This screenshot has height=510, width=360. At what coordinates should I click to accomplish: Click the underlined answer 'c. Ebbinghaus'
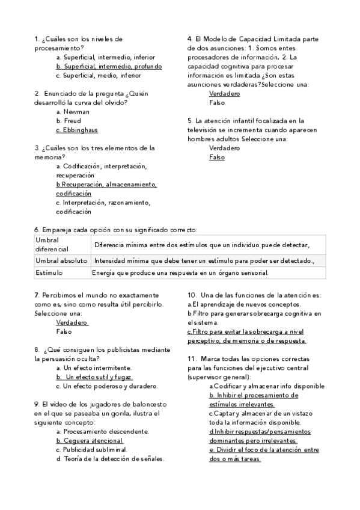click(x=77, y=129)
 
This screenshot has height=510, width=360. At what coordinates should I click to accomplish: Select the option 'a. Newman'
click(x=73, y=111)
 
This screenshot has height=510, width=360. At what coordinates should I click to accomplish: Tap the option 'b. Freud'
click(x=69, y=120)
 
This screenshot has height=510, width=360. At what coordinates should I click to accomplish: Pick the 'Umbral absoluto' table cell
click(x=61, y=260)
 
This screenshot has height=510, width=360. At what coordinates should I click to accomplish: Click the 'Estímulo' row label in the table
click(x=49, y=273)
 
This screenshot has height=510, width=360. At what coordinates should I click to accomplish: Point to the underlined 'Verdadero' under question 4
click(x=224, y=94)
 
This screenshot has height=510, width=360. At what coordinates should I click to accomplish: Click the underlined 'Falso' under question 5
click(x=217, y=157)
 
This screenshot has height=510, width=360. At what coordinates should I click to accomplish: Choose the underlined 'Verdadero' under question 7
click(x=72, y=322)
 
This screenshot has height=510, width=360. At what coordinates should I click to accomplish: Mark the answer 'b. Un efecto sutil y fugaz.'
click(x=94, y=376)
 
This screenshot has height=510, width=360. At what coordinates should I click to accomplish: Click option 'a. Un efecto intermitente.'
click(x=94, y=367)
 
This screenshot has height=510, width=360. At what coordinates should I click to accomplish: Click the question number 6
click(x=37, y=230)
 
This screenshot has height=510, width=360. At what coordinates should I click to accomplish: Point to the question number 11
click(x=191, y=358)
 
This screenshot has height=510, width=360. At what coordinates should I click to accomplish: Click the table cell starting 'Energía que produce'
click(x=180, y=273)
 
